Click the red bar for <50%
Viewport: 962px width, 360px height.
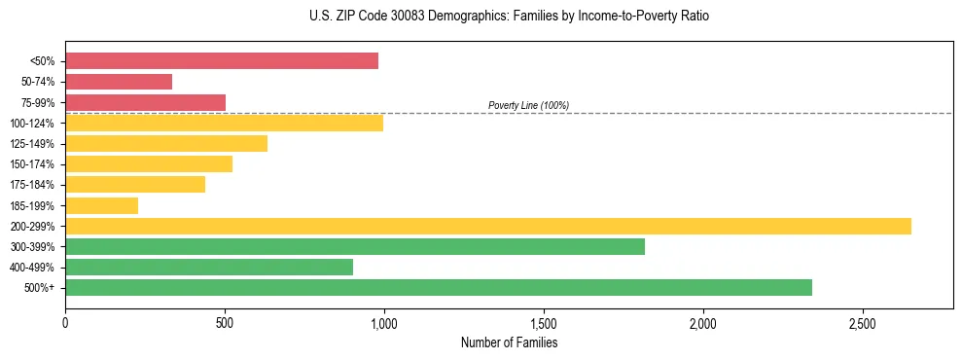point(222,61)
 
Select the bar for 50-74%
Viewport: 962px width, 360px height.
point(119,82)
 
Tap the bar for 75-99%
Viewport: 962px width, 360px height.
point(145,102)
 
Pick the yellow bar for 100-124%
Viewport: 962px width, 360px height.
point(224,123)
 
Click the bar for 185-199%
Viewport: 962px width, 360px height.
point(101,205)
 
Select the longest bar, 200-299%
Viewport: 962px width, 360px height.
point(487,226)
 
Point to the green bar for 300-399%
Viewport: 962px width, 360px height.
point(355,246)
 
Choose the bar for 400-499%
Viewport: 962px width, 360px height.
point(209,267)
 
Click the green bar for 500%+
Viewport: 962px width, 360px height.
point(439,287)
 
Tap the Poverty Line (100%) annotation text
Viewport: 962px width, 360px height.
point(528,105)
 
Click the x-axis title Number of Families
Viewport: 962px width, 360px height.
point(509,342)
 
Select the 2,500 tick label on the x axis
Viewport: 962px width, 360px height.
point(863,322)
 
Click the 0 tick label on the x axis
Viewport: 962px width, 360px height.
point(65,322)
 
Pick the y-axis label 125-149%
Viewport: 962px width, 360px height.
point(32,144)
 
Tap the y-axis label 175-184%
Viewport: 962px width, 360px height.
point(32,185)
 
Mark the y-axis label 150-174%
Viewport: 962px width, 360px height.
point(32,164)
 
